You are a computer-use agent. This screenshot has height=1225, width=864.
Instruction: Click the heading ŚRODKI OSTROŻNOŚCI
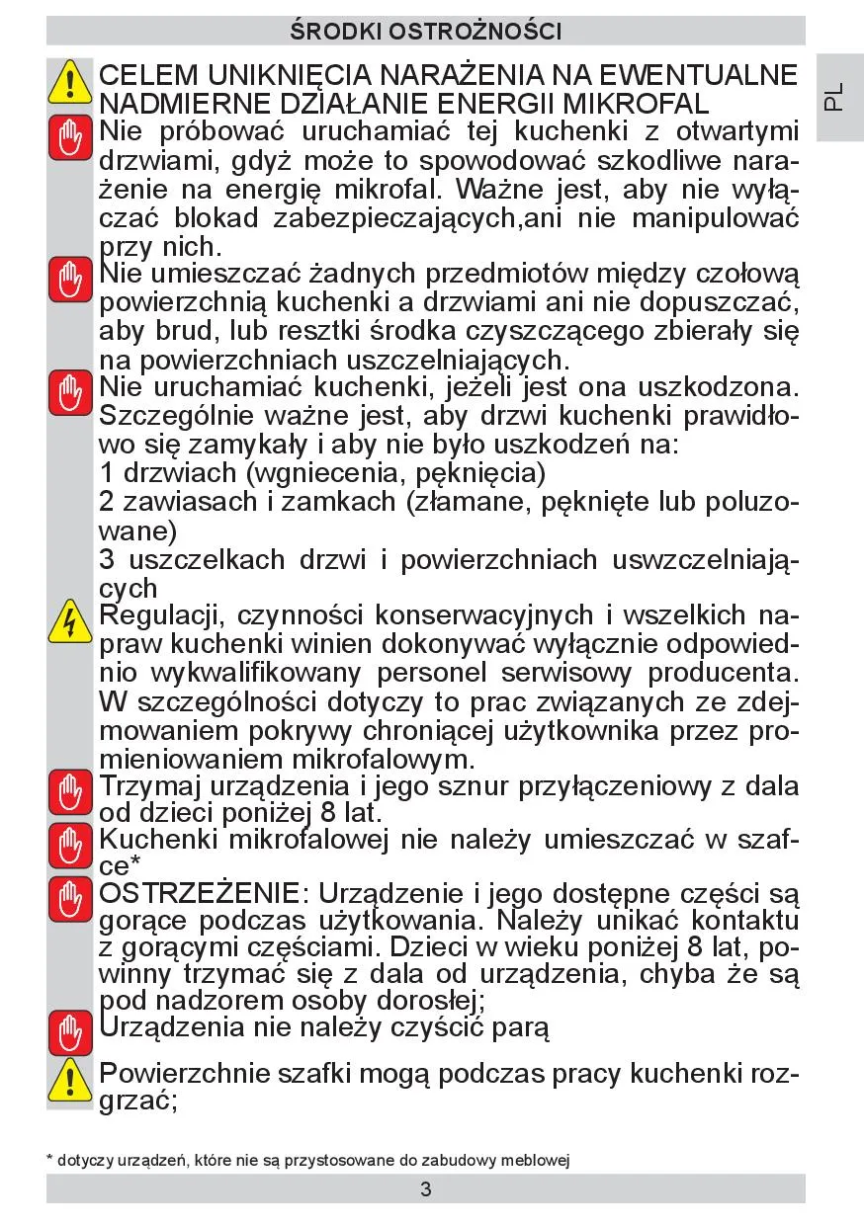(x=426, y=31)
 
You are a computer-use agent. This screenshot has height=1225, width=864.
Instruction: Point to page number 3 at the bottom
(x=426, y=1189)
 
